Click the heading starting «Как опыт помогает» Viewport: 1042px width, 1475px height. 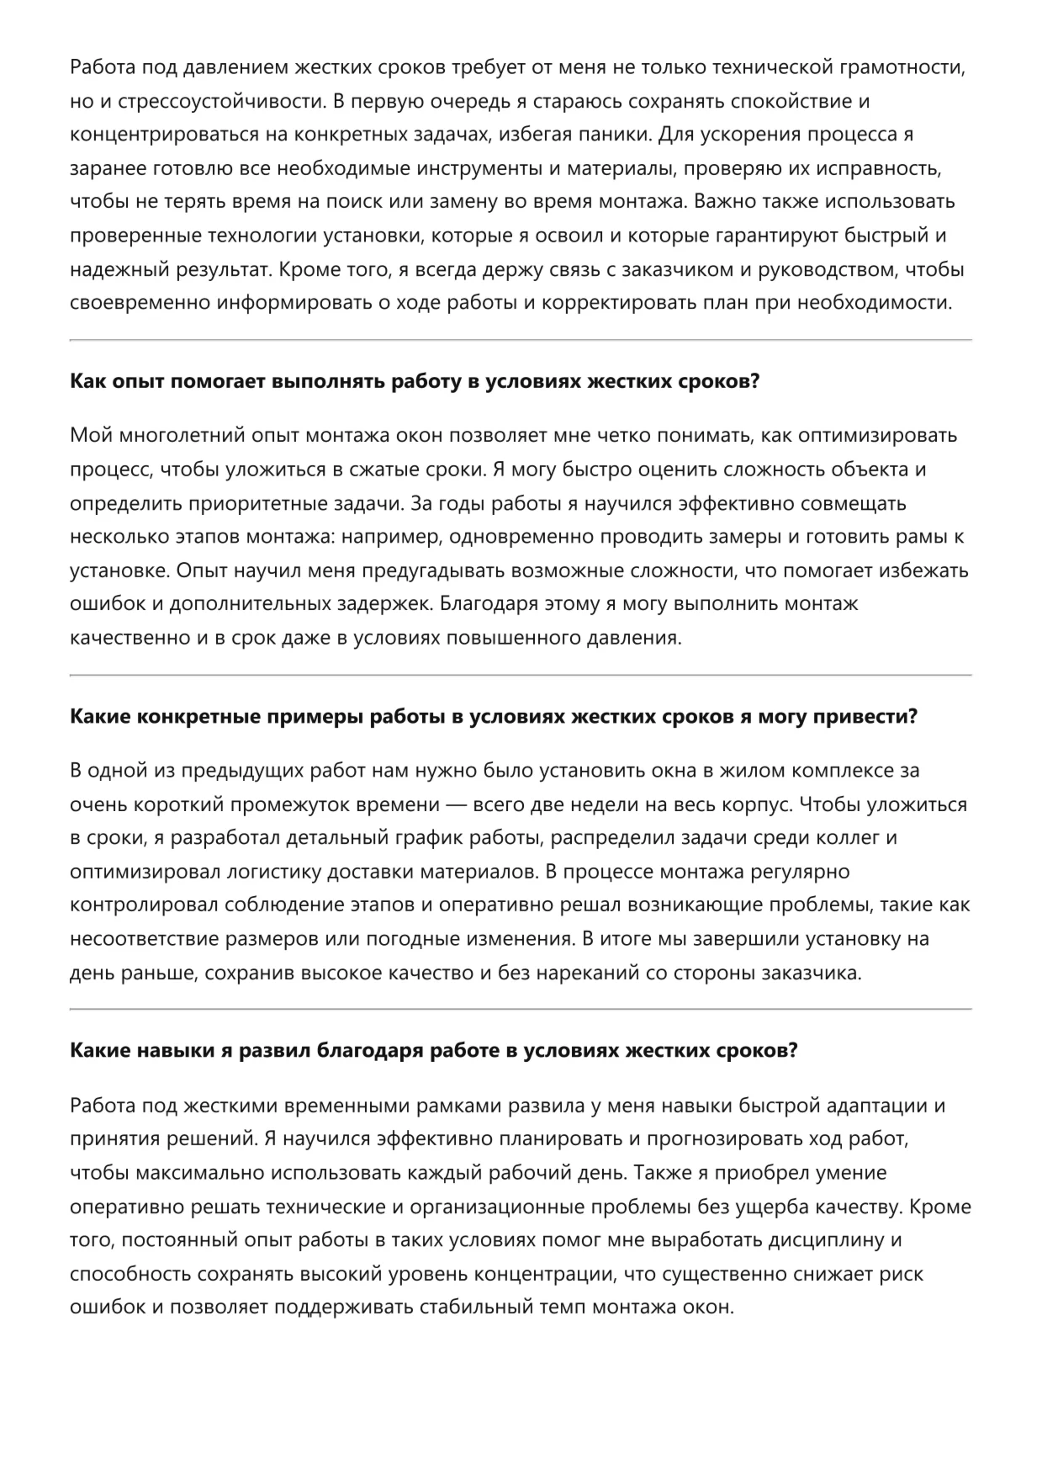click(x=415, y=381)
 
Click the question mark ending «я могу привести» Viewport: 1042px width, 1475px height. click(x=912, y=716)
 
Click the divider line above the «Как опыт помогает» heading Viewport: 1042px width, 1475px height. click(x=521, y=340)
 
